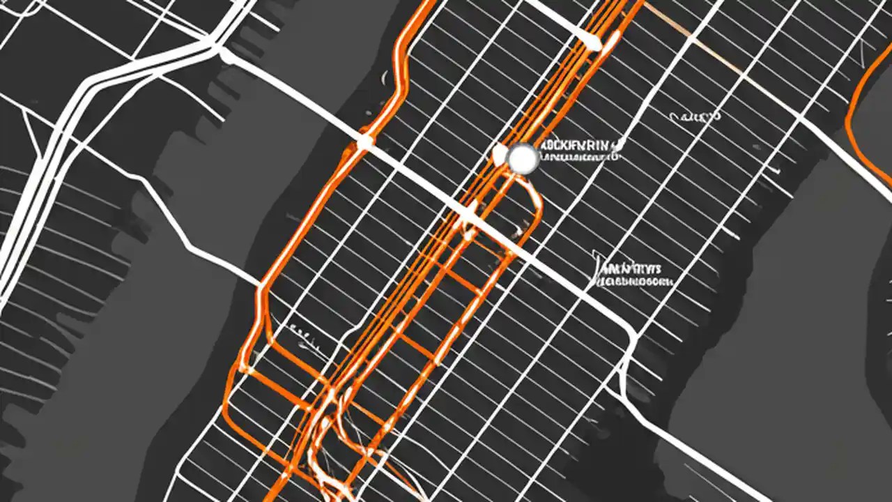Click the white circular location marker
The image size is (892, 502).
[x=522, y=160]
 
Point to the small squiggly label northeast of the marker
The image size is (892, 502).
[x=694, y=117]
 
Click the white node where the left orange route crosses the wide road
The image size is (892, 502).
[x=364, y=143]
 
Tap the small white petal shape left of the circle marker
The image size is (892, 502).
[x=499, y=153]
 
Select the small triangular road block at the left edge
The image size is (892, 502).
[x=31, y=132]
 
